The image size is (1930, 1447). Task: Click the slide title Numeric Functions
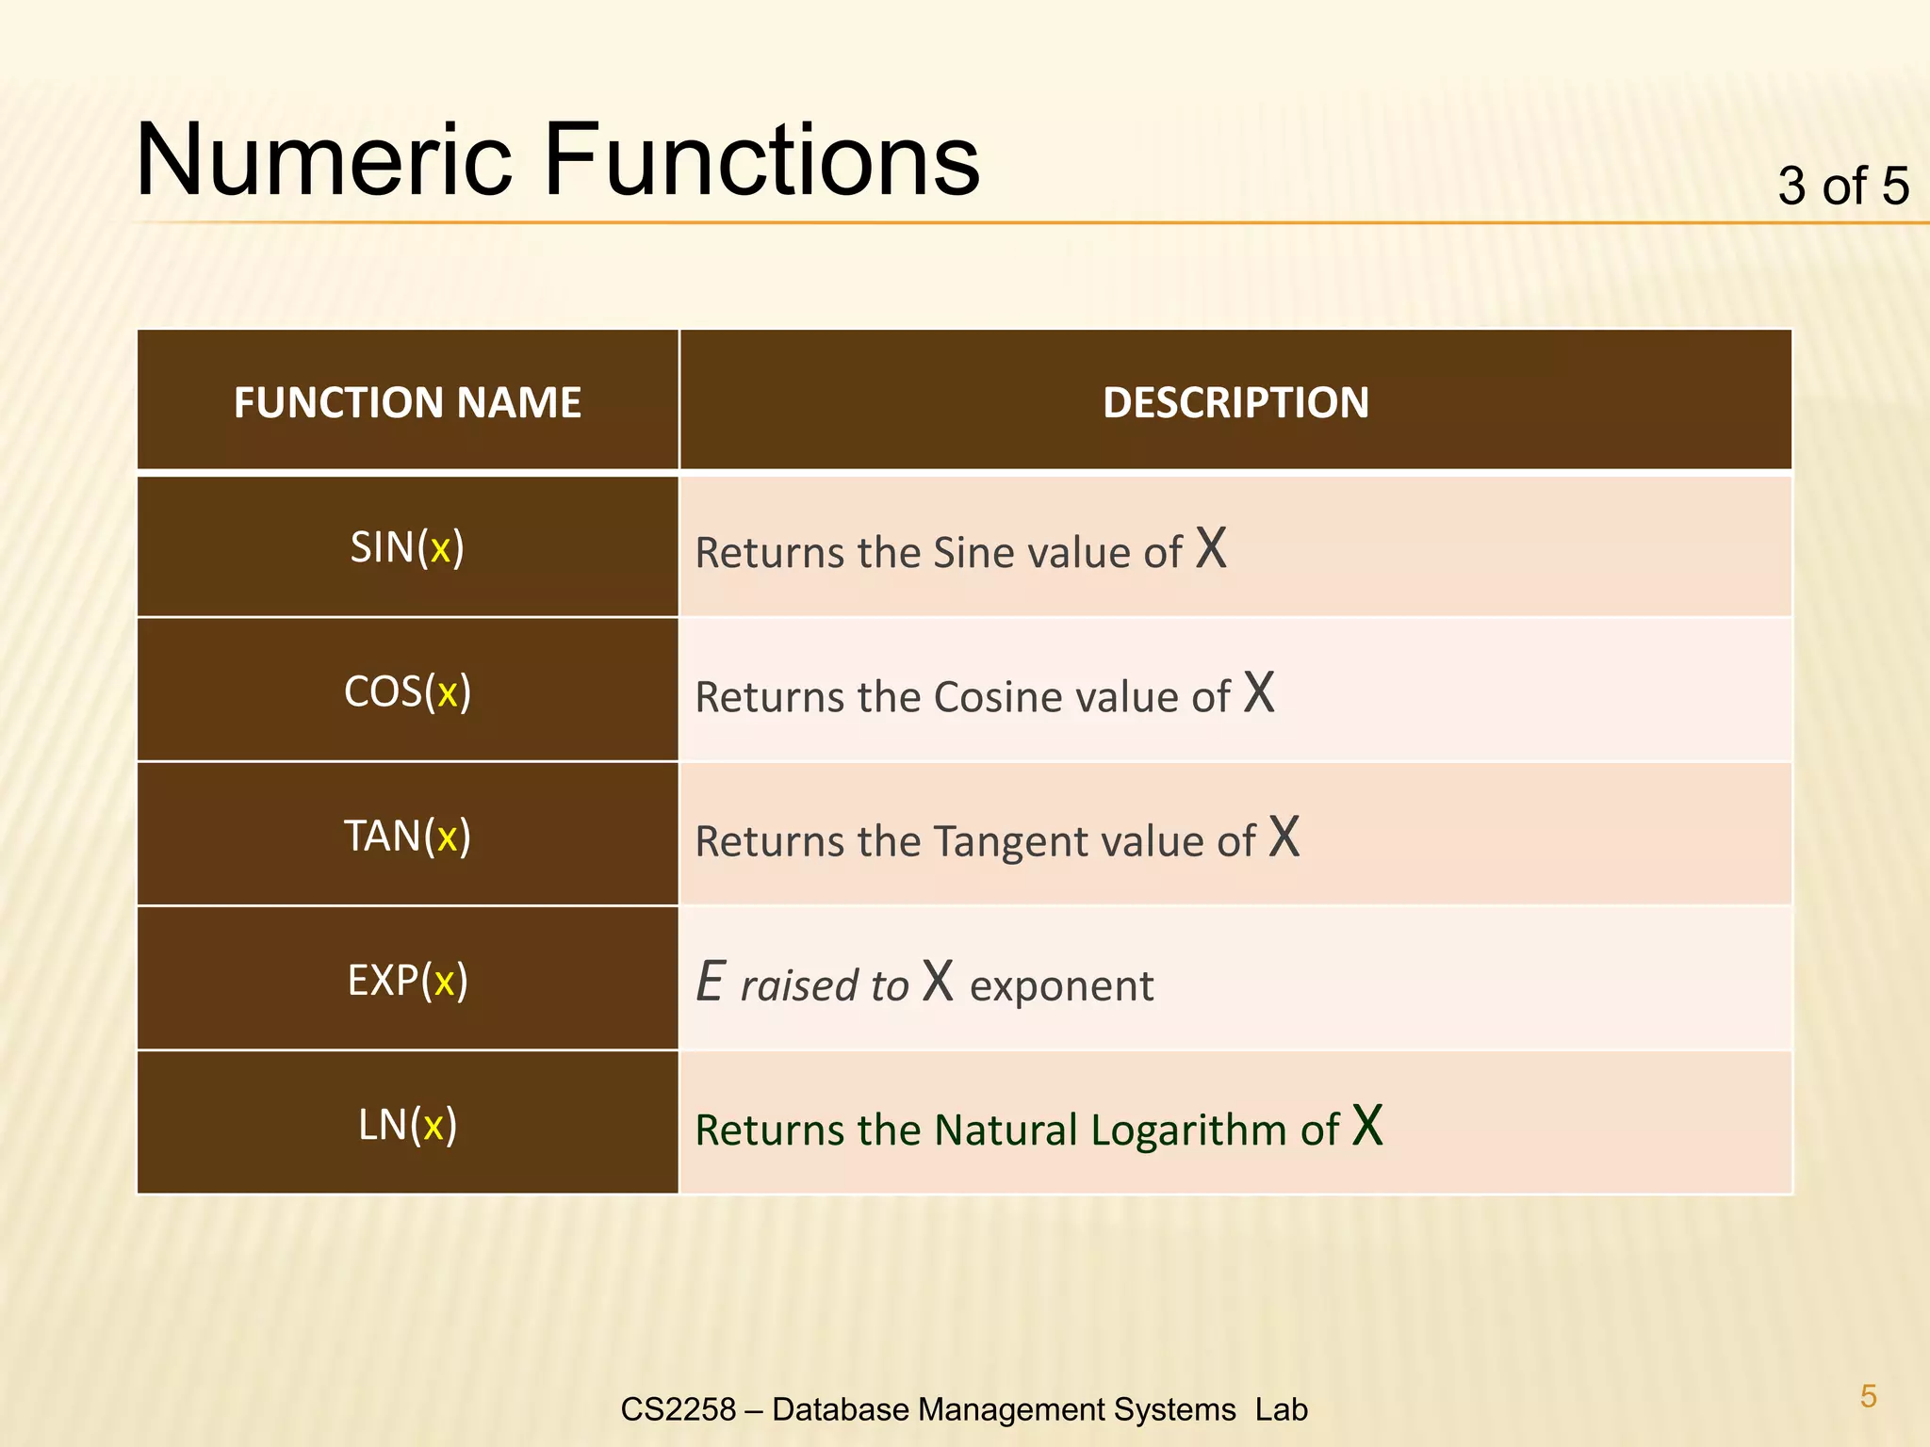click(x=558, y=160)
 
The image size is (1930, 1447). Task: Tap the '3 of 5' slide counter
click(x=1842, y=186)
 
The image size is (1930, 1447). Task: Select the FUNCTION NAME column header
click(x=407, y=402)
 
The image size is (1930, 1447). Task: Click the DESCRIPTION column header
click(x=1235, y=402)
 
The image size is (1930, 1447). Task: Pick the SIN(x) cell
click(x=407, y=547)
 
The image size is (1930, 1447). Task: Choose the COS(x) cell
click(x=407, y=691)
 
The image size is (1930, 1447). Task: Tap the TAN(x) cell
click(x=407, y=836)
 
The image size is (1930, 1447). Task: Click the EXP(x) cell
click(x=407, y=980)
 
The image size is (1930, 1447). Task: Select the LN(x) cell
click(x=407, y=1124)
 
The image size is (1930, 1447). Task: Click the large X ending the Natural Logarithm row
click(x=1367, y=1125)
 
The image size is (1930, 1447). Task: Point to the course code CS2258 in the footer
click(x=678, y=1409)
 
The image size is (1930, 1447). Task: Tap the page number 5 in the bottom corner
click(x=1868, y=1396)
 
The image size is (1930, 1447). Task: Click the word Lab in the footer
click(x=1281, y=1409)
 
